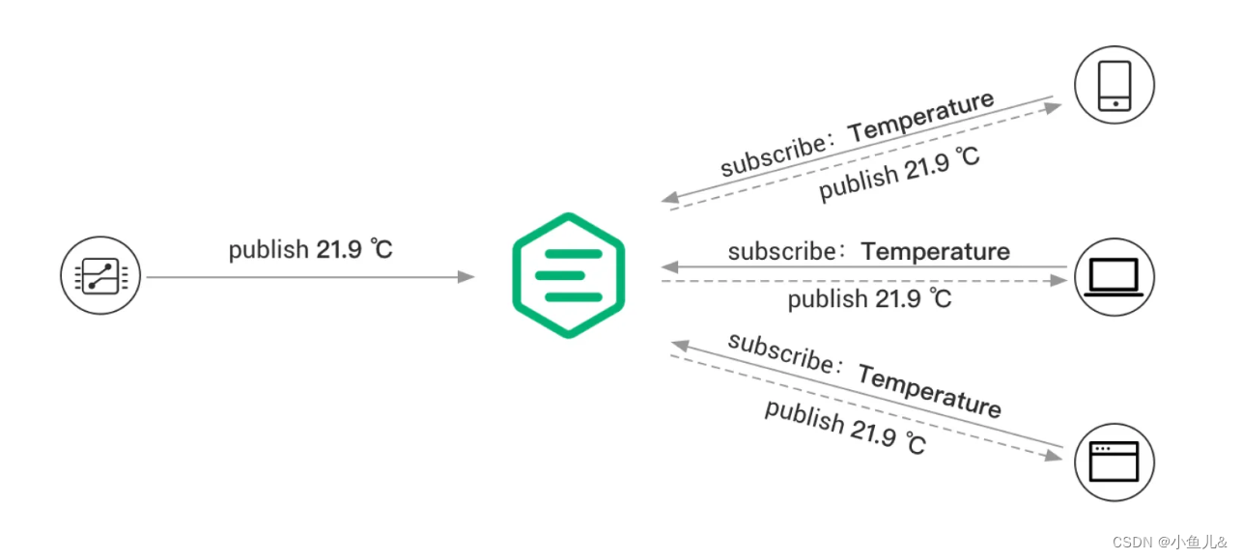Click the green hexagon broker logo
pyautogui.click(x=568, y=275)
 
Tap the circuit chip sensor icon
pyautogui.click(x=100, y=277)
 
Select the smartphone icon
pyautogui.click(x=1115, y=86)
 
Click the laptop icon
pyautogui.click(x=1115, y=278)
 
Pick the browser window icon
pyautogui.click(x=1115, y=461)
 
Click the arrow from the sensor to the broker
pyautogui.click(x=309, y=277)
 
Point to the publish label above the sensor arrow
pyautogui.click(x=310, y=249)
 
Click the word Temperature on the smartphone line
pyautogui.click(x=921, y=115)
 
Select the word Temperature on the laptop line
pyautogui.click(x=935, y=252)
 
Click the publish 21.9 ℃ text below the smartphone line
pyautogui.click(x=899, y=174)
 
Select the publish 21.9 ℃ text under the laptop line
pyautogui.click(x=869, y=299)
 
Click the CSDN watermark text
pyautogui.click(x=1173, y=542)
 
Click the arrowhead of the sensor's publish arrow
pyautogui.click(x=467, y=277)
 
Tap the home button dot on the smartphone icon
pyautogui.click(x=1115, y=103)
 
